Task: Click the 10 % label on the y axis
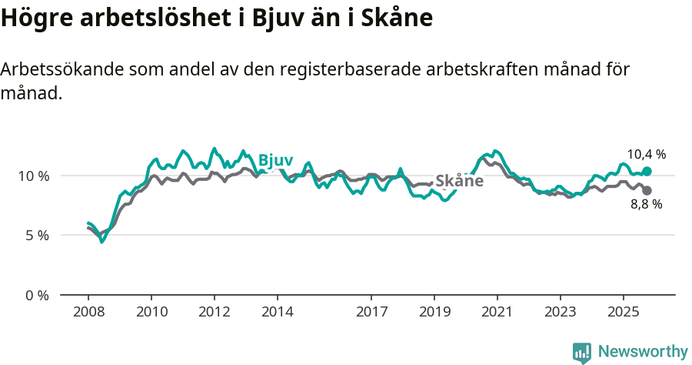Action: coord(33,176)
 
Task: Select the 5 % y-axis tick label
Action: coord(37,235)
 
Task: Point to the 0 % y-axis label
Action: coord(37,295)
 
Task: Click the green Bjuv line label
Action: coord(275,159)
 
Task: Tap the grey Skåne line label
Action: coord(459,182)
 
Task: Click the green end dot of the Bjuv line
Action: coord(647,171)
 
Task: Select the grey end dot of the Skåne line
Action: coord(647,190)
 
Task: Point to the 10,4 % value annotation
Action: coord(646,154)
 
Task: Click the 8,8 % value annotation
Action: coord(646,205)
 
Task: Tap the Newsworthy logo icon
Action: coord(582,353)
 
